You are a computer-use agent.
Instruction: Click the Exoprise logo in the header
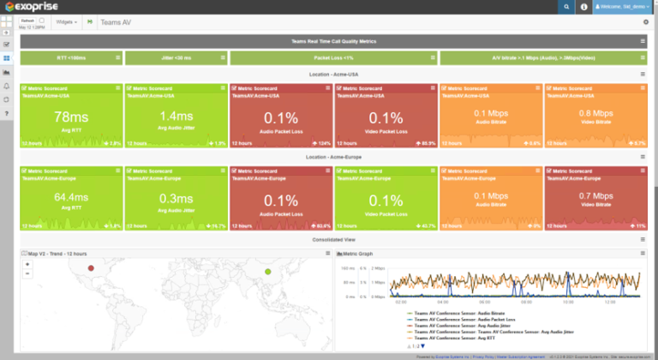coord(33,7)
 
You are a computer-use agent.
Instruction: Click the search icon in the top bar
coord(566,7)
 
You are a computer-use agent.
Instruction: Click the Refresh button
coord(27,19)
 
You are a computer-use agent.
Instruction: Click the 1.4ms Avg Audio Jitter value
coord(176,117)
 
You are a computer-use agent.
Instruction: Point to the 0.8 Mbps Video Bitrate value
coord(596,113)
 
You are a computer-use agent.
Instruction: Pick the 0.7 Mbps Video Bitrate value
coord(596,195)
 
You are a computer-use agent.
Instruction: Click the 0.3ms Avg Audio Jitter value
coord(176,198)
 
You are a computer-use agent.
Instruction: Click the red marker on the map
coord(91,268)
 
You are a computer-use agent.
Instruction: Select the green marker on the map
coord(268,272)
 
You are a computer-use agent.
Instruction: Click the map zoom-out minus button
coord(27,273)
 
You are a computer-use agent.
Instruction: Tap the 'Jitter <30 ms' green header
coord(176,58)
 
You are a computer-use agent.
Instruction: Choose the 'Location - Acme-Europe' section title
coord(334,157)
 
